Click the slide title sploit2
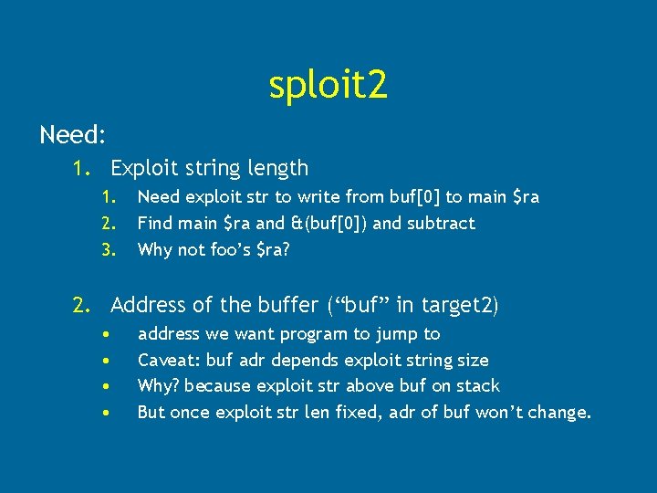point(328,85)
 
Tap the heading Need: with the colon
point(73,136)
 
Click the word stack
point(475,386)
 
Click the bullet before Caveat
point(108,360)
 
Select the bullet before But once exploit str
point(108,412)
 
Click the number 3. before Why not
point(110,249)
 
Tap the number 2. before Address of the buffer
point(83,305)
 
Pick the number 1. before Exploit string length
point(83,168)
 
